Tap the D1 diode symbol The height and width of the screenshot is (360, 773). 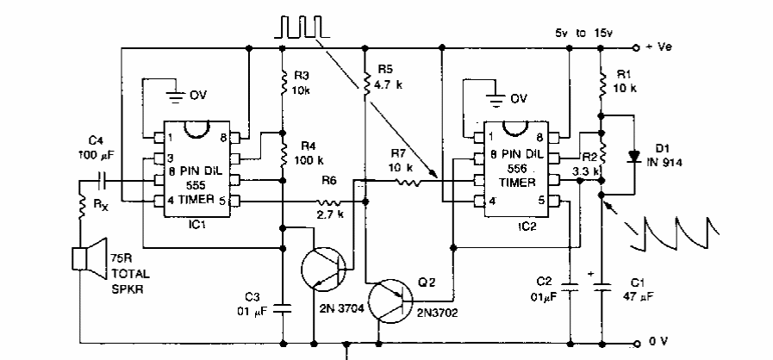tap(635, 156)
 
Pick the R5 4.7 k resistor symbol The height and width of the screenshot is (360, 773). tap(365, 84)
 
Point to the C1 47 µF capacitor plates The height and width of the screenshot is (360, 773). tap(601, 281)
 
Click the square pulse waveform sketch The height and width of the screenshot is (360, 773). tap(298, 27)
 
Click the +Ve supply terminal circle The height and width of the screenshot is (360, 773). tap(636, 48)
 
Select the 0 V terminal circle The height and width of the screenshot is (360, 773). tap(636, 341)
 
